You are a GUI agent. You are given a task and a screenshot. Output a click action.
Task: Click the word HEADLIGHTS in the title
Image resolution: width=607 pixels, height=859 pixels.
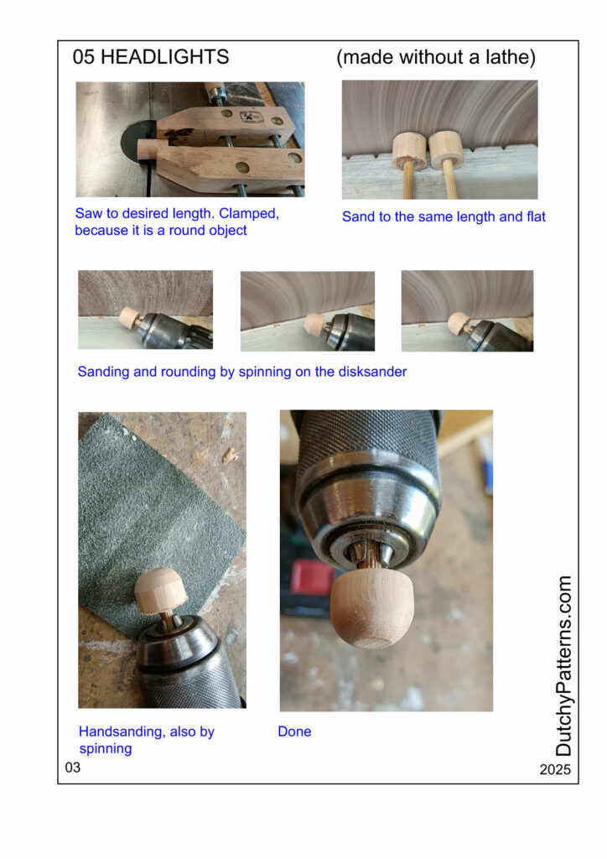[165, 57]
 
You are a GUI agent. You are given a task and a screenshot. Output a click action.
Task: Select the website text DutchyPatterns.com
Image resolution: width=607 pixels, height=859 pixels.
[563, 665]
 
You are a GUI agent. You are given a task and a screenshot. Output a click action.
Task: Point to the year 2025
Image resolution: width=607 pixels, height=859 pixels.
[555, 769]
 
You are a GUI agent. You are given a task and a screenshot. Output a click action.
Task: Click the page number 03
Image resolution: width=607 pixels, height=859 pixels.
[73, 767]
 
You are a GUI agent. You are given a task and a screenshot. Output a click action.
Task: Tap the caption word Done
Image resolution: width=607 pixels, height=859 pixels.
[294, 731]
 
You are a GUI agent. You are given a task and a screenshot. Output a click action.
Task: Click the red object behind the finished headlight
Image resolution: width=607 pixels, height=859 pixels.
[312, 579]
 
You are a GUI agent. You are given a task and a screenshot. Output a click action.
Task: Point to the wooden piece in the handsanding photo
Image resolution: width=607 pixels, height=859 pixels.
[160, 591]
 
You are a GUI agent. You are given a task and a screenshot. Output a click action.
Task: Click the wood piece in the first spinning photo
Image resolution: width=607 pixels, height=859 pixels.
[130, 318]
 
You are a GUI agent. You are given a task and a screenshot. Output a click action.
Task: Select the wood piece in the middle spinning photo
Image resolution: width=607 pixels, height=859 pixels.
[314, 324]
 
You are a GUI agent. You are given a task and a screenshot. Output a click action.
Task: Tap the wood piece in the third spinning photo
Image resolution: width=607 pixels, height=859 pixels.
[458, 323]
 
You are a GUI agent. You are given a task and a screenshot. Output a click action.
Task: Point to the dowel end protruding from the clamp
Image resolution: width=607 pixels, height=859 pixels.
[146, 149]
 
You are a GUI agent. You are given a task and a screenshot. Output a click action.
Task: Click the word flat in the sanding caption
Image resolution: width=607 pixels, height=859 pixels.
[536, 216]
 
